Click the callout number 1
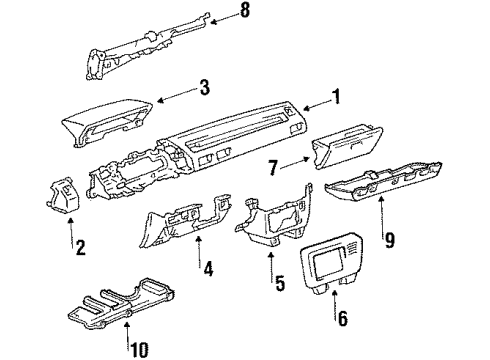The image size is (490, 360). coord(337,97)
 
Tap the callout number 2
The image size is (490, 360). coord(80,247)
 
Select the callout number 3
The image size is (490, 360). coord(205,87)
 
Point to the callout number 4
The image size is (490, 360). coord(208,269)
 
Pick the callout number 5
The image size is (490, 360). coord(280,283)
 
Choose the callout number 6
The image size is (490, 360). coord(343,318)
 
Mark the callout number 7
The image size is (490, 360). coord(273,168)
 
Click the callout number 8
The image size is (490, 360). coord(245,10)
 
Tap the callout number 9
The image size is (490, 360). coord(389,240)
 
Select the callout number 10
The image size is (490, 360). coord(139,350)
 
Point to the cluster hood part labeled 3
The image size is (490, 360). coord(107,122)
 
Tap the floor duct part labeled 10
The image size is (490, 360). coord(121,302)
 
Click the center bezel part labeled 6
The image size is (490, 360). coord(332,262)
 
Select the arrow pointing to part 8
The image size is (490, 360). coord(225,19)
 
